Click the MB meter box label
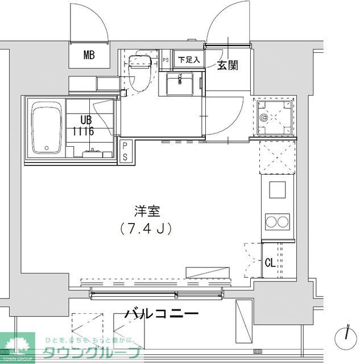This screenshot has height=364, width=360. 89,55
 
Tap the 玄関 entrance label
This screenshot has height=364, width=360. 227,65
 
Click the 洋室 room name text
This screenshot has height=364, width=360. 147,212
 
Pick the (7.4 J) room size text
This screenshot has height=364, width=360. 147,228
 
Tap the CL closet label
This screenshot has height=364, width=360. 271,263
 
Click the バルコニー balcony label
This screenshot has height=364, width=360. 161,313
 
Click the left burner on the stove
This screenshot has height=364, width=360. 272,221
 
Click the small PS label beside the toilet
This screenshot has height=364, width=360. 166,60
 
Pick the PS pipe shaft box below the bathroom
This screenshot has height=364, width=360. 125,152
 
